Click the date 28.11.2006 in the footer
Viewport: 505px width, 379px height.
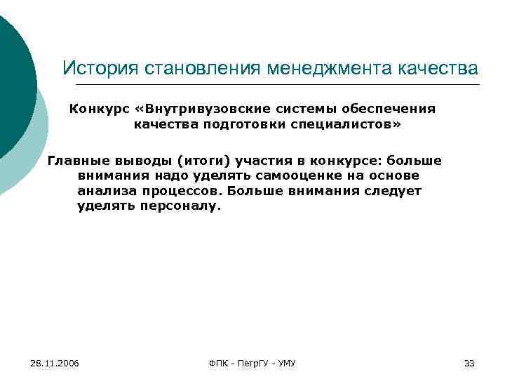click(55, 363)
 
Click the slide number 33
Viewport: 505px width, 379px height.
click(469, 363)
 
